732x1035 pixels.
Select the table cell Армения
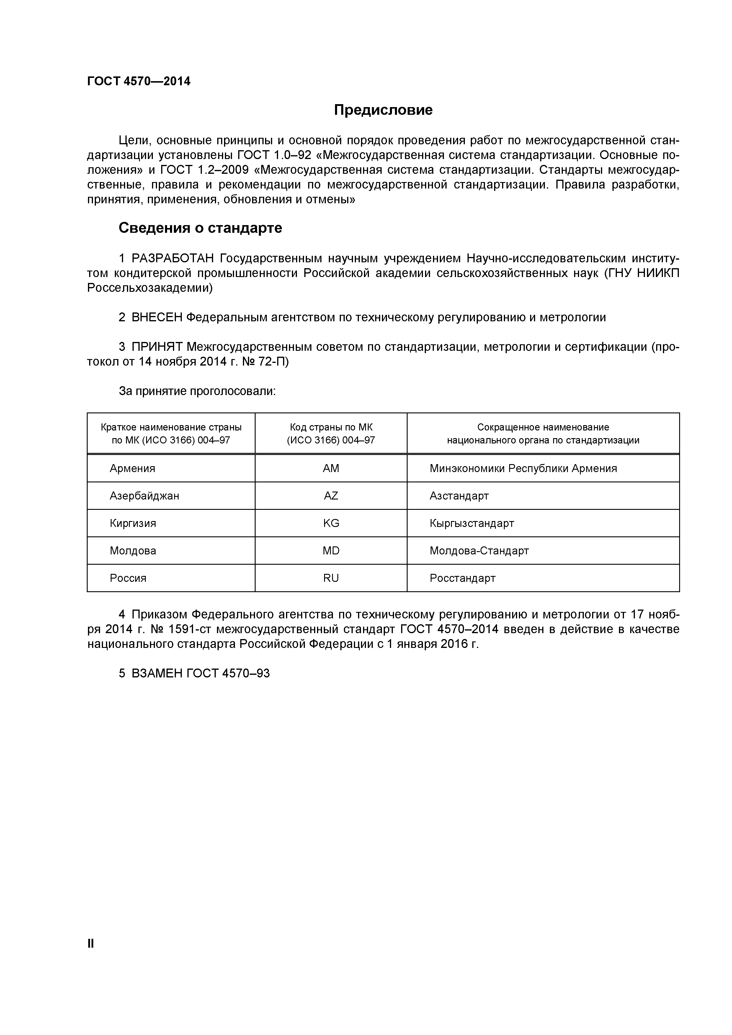pyautogui.click(x=132, y=468)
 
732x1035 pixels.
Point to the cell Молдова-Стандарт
pyautogui.click(x=479, y=551)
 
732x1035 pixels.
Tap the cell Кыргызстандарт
pyautogui.click(x=472, y=523)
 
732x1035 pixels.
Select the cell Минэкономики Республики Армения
pyautogui.click(x=523, y=468)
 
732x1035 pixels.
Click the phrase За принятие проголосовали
pyautogui.click(x=197, y=391)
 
